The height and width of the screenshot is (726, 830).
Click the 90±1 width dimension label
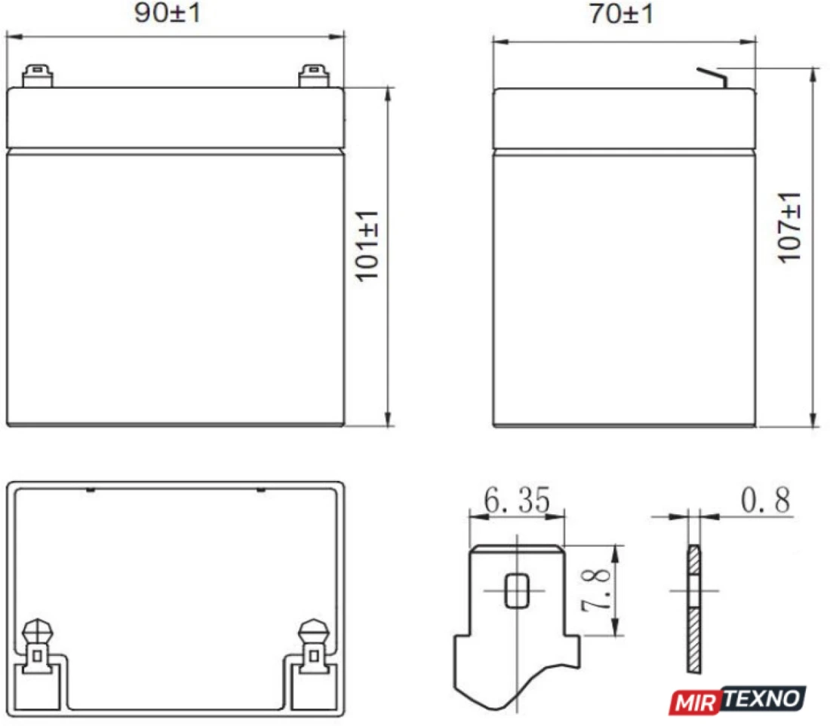[x=168, y=13]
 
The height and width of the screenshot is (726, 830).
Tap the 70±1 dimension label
[x=622, y=14]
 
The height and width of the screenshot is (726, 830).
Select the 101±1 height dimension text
[x=367, y=247]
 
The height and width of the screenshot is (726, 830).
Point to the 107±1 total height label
[x=788, y=228]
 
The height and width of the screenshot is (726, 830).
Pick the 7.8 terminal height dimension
[x=596, y=590]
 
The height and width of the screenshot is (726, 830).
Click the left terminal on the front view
[x=38, y=76]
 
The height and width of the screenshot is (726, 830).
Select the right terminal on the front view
[x=313, y=76]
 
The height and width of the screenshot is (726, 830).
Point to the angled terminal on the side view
[x=712, y=78]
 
